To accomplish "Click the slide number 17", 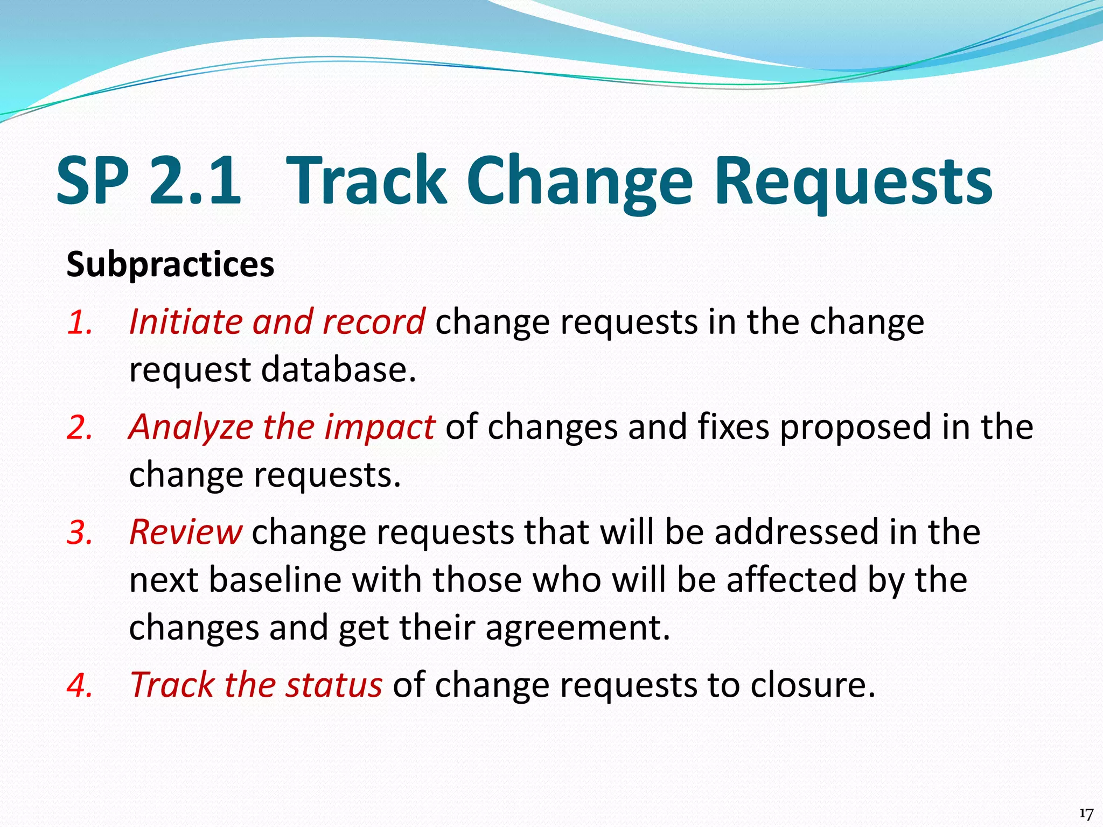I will (x=1086, y=814).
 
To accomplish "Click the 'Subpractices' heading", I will (x=170, y=265).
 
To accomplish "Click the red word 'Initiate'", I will (x=186, y=322).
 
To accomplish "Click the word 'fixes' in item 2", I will (x=734, y=427).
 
